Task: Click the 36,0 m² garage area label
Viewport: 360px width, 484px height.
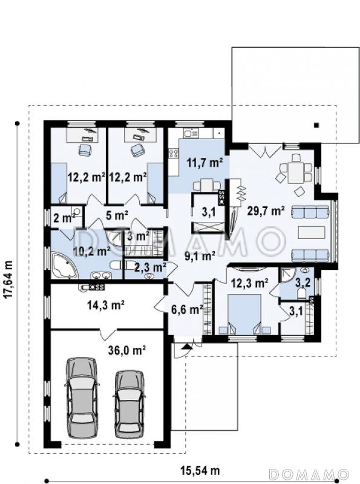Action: point(127,350)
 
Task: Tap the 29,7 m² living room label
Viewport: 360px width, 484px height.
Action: point(265,211)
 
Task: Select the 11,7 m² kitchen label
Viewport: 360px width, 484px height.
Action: point(205,162)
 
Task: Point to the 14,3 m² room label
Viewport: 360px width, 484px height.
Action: point(106,305)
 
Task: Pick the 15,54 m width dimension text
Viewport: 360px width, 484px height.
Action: point(200,471)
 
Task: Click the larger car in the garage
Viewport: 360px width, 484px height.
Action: point(82,398)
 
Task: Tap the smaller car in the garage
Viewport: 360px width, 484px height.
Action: point(129,404)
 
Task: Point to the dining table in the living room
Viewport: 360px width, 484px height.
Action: point(295,172)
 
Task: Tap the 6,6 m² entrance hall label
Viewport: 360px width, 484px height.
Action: point(187,309)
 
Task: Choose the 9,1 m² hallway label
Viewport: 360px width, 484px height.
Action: point(200,255)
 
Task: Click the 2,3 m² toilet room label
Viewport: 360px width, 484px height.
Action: point(151,267)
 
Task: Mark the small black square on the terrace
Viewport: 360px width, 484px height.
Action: point(316,125)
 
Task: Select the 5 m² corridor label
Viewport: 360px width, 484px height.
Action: point(117,215)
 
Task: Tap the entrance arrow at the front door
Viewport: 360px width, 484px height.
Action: point(186,346)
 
